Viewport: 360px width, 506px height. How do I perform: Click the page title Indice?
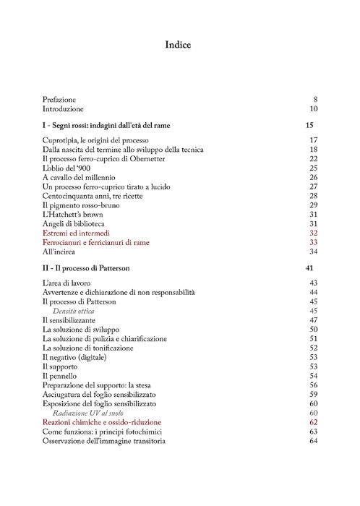coord(178,46)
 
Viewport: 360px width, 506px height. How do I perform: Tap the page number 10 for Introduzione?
coord(314,109)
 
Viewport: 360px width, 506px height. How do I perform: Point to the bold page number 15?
coord(309,126)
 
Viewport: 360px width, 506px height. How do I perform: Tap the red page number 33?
coord(314,243)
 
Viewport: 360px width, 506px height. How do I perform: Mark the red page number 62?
coord(314,422)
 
